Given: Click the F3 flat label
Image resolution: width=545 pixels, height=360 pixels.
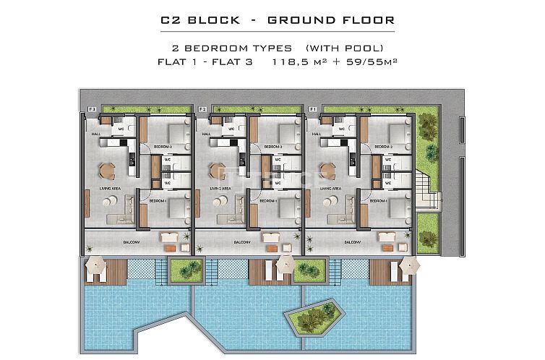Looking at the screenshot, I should [92, 109].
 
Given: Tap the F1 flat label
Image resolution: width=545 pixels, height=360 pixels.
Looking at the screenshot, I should [313, 109].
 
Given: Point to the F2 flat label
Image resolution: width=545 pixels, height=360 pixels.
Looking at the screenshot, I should [202, 109].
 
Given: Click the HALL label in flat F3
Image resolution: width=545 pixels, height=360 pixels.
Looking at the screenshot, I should [95, 134].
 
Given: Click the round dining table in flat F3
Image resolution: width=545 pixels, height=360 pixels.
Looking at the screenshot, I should [106, 171].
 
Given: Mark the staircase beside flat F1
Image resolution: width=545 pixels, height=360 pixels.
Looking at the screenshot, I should [431, 192].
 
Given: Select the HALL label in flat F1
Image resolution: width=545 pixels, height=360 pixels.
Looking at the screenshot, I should [316, 134].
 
